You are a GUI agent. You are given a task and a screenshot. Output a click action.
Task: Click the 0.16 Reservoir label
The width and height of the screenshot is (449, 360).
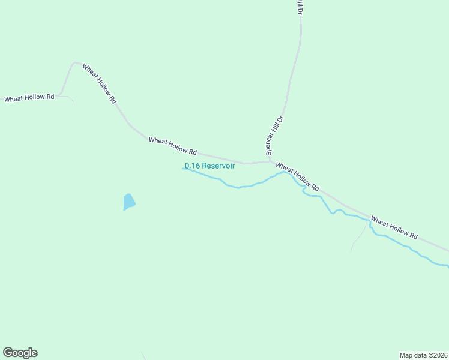click(x=209, y=166)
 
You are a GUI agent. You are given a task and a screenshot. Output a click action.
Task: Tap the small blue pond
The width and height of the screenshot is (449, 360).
click(x=128, y=202)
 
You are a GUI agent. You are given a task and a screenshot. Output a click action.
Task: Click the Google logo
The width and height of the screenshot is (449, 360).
click(x=20, y=353)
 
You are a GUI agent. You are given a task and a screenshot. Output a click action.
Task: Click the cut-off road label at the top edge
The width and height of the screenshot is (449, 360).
click(x=298, y=7)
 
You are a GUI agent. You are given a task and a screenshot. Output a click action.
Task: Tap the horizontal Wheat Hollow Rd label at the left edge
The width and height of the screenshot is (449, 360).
click(x=29, y=98)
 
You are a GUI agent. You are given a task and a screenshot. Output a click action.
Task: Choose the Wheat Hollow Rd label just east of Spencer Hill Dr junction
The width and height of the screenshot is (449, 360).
click(x=297, y=175)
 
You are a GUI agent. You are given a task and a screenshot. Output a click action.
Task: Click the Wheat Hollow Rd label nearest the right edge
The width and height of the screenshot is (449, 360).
click(x=394, y=228)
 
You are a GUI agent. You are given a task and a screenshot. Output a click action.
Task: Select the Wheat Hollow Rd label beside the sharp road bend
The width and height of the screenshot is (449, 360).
click(x=99, y=84)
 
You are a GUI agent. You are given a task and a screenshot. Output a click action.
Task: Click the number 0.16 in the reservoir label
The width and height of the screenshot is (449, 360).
click(x=192, y=166)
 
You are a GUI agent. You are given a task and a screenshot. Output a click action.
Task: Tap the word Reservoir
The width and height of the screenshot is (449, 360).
click(x=218, y=166)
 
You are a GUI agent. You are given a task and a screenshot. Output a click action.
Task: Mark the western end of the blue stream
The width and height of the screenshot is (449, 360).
click(x=183, y=169)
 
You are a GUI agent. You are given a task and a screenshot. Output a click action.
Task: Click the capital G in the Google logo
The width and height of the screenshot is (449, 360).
click(x=8, y=353)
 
